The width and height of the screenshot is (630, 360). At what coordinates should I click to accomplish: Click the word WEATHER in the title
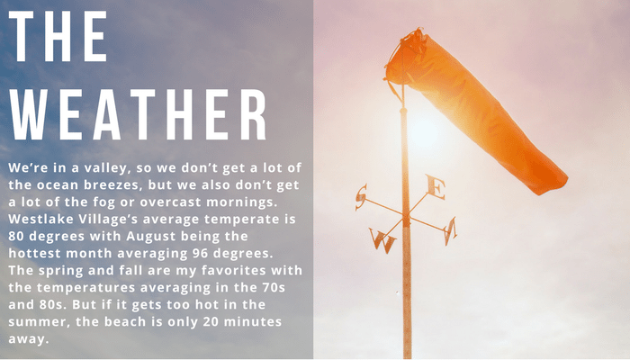pyautogui.click(x=138, y=114)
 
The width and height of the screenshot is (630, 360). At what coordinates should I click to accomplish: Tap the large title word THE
pyautogui.click(x=58, y=36)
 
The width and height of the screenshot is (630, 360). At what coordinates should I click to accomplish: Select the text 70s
pyautogui.click(x=274, y=288)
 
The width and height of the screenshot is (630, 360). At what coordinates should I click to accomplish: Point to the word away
pyautogui.click(x=29, y=339)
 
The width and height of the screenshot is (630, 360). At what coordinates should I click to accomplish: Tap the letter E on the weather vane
pyautogui.click(x=436, y=187)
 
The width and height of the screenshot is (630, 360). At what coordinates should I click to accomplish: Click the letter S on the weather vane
pyautogui.click(x=361, y=197)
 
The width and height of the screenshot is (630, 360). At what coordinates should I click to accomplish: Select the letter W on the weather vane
pyautogui.click(x=382, y=240)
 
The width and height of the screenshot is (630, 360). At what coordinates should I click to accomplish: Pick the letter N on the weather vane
pyautogui.click(x=450, y=230)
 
